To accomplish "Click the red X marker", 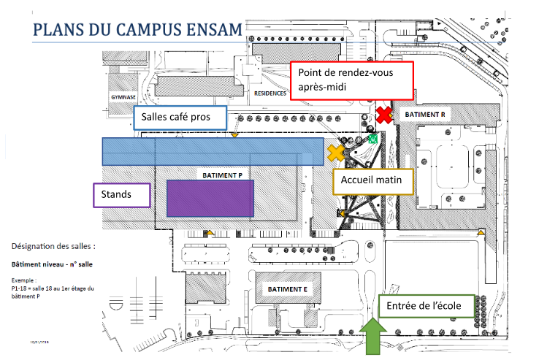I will coord(385,115).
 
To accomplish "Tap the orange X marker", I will coord(336,152).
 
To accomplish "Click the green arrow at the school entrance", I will coord(375,337).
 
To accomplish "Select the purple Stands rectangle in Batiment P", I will coord(210,198).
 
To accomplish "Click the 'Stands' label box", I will coord(122,195).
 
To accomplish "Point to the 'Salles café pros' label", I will coord(180,118).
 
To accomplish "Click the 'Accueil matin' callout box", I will coord(372,180).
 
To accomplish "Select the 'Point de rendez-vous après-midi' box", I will coord(352,80).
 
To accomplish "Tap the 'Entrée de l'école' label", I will coord(427,306).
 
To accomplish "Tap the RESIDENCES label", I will coord(269,93).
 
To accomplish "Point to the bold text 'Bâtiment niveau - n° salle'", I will coord(52,264).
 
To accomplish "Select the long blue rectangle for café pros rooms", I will coord(212,151).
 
